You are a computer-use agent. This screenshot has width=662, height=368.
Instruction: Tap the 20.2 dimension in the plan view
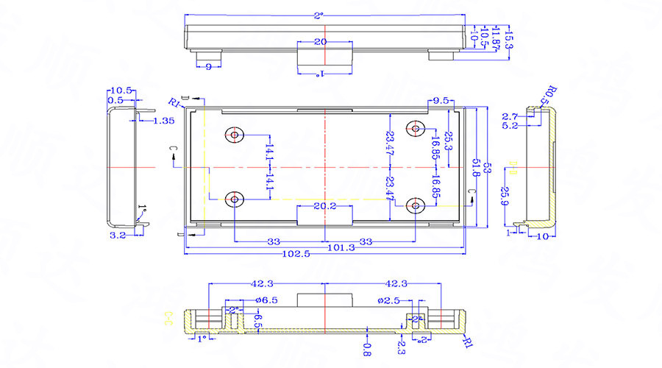324,207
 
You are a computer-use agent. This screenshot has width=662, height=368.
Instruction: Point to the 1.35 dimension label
164,120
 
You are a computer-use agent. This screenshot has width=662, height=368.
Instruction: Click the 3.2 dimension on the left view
116,236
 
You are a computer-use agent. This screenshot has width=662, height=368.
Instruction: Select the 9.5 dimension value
441,100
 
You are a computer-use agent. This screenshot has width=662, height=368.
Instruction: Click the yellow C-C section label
169,318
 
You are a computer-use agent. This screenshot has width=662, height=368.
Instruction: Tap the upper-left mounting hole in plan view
235,135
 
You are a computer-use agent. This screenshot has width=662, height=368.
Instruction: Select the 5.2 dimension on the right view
509,126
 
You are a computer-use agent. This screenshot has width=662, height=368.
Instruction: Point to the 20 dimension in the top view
320,42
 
